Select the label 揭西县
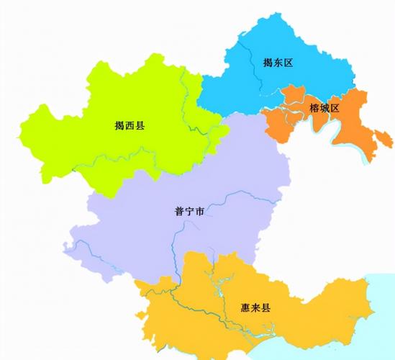[x=130, y=125]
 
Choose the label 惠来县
[x=255, y=307]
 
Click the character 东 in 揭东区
[x=278, y=63]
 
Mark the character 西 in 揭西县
[x=130, y=125]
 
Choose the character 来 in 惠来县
[x=255, y=307]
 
